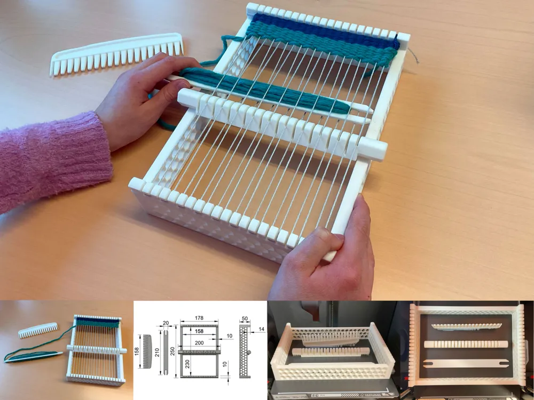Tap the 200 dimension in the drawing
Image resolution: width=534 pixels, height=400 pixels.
199,342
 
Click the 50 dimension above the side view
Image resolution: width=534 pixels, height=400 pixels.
245,318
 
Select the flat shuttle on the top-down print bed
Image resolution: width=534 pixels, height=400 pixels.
464,364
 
